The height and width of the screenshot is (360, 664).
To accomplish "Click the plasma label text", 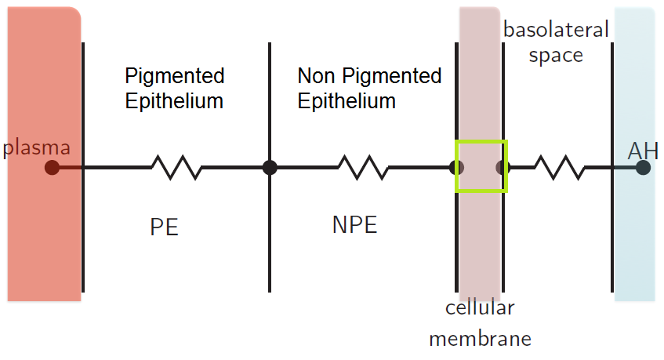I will (38, 147).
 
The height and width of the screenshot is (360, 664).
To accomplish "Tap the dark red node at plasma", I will (52, 167).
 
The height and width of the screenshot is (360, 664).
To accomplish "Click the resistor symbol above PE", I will (176, 167).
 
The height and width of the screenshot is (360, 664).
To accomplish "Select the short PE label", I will (165, 227).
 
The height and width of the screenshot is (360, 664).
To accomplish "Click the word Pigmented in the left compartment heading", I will (175, 76).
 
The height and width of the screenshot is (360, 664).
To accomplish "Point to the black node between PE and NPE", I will (270, 167).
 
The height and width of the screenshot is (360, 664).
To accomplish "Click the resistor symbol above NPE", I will (363, 167).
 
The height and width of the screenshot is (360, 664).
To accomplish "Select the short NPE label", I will (354, 225).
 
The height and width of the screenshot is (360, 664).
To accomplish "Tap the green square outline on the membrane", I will (481, 142).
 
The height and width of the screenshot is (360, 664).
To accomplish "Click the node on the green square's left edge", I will (457, 167).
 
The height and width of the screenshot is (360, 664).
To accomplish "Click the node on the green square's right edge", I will (503, 167).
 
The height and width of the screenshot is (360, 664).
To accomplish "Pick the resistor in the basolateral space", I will (559, 167).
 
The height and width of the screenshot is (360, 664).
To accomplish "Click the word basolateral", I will (556, 30).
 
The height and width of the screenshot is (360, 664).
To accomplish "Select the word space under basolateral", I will (556, 56).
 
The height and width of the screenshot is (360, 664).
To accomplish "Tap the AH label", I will (643, 150).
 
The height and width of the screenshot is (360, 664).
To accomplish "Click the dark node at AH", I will (643, 167).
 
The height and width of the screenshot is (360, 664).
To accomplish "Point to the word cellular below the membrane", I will (480, 307).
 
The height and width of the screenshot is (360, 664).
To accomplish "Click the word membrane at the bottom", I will (480, 339).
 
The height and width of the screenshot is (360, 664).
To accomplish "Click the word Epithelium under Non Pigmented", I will (347, 101).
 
